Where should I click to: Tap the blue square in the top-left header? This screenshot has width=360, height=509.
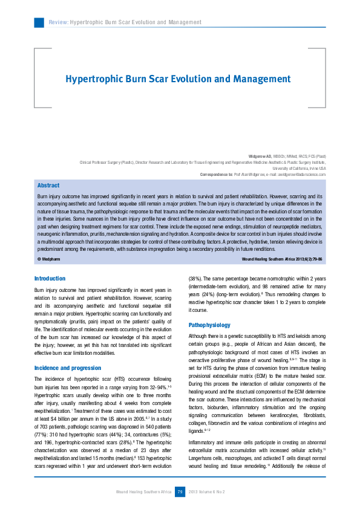tap(39, 22)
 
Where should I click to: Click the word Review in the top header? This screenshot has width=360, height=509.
tap(59, 22)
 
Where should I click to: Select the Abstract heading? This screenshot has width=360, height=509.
tap(48, 186)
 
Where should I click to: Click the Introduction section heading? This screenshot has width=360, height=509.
tap(50, 278)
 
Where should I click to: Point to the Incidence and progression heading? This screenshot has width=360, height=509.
tap(68, 368)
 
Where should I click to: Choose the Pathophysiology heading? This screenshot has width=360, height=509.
tap(209, 325)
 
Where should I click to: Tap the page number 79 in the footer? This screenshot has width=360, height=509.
tap(180, 491)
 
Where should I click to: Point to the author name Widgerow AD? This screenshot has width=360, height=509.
tap(260, 157)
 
